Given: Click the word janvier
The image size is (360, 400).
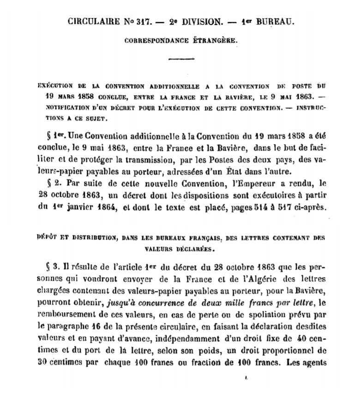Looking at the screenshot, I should pyautogui.click(x=86, y=208).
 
